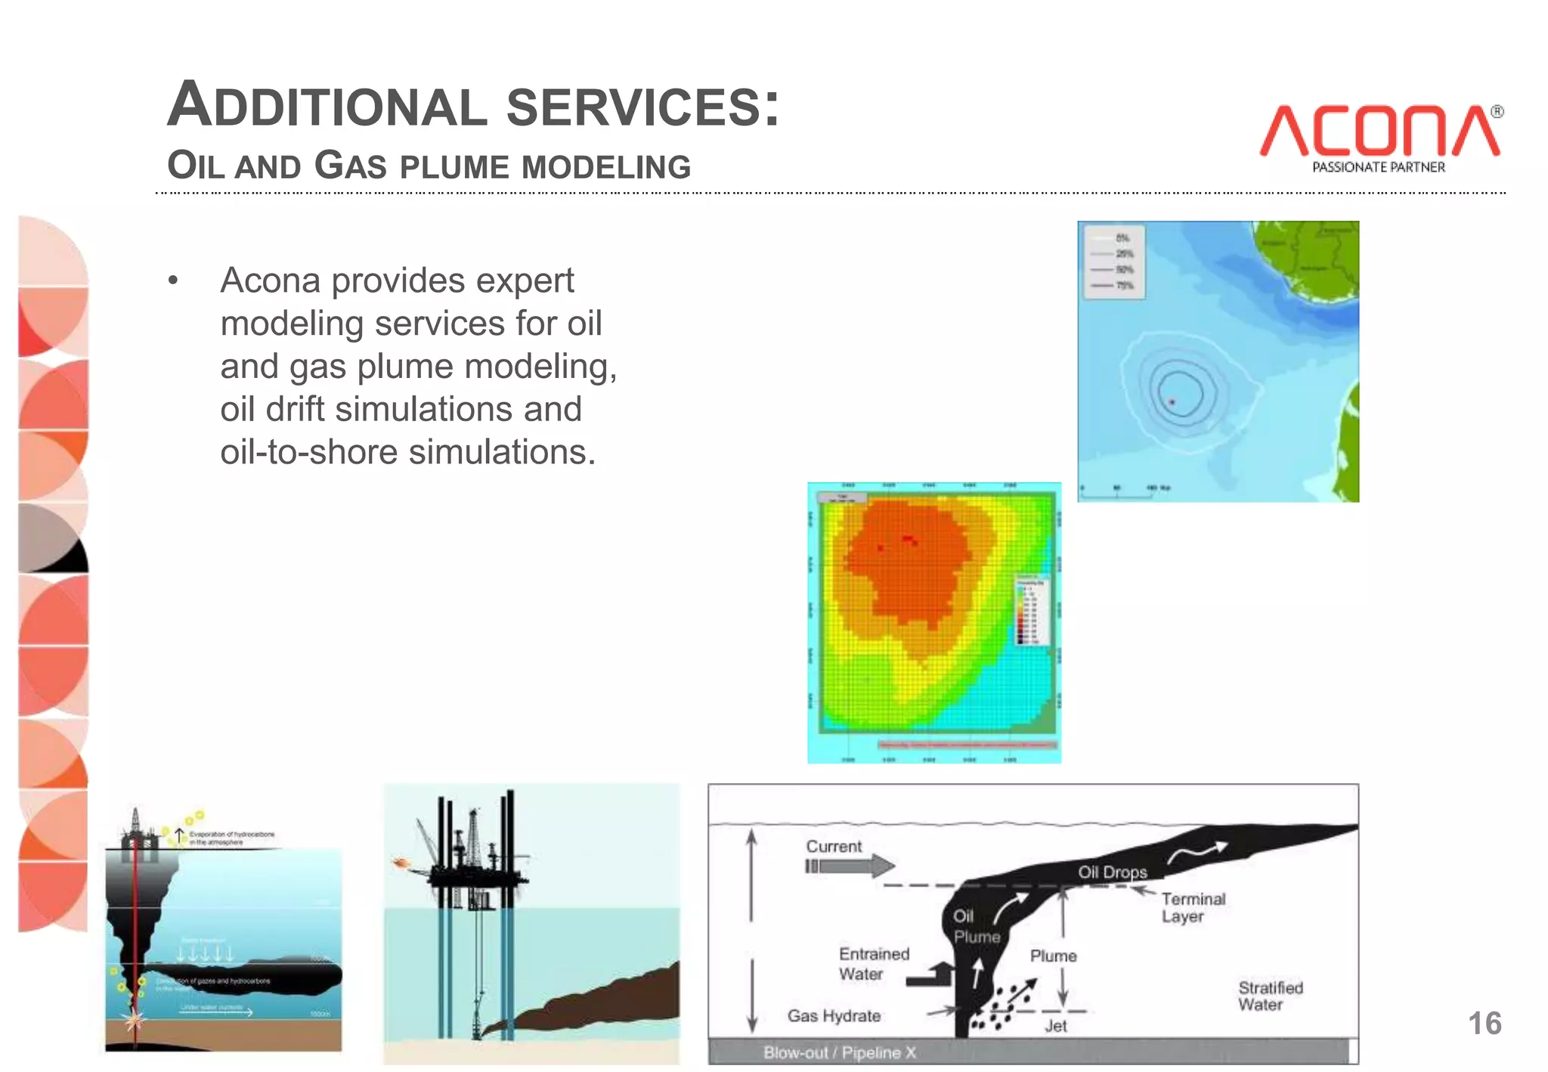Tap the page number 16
[x=1484, y=1024]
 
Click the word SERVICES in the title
[x=642, y=107]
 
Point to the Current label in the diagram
[x=833, y=847]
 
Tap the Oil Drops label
[x=1112, y=872]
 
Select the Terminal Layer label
[x=1193, y=907]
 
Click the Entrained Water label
[x=873, y=964]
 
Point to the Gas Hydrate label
[x=834, y=1016]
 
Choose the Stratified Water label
[x=1270, y=996]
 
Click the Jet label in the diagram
[x=1055, y=1026]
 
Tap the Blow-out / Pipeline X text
[x=839, y=1052]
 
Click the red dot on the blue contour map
[x=1172, y=402]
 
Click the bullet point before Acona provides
[x=173, y=281]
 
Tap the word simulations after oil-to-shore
[x=502, y=452]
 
